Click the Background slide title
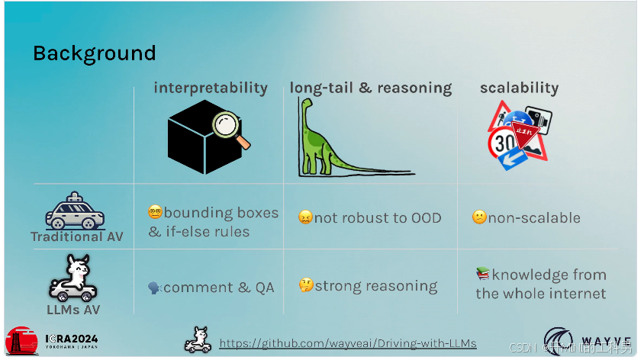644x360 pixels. point(94,53)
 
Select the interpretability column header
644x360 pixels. point(211,88)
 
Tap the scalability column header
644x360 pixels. point(519,88)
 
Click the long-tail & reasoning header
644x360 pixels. point(370,88)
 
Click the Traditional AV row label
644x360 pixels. point(76,236)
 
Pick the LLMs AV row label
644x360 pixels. point(74,309)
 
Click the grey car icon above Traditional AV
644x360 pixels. point(75,211)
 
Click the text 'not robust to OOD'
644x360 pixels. point(378,217)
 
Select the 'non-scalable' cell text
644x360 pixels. point(534,217)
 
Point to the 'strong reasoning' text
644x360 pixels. point(376,287)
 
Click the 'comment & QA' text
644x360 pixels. point(218,288)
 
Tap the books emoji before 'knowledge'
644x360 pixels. point(482,274)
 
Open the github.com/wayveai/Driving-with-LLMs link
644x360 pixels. point(348,343)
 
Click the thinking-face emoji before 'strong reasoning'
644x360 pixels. point(305,287)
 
